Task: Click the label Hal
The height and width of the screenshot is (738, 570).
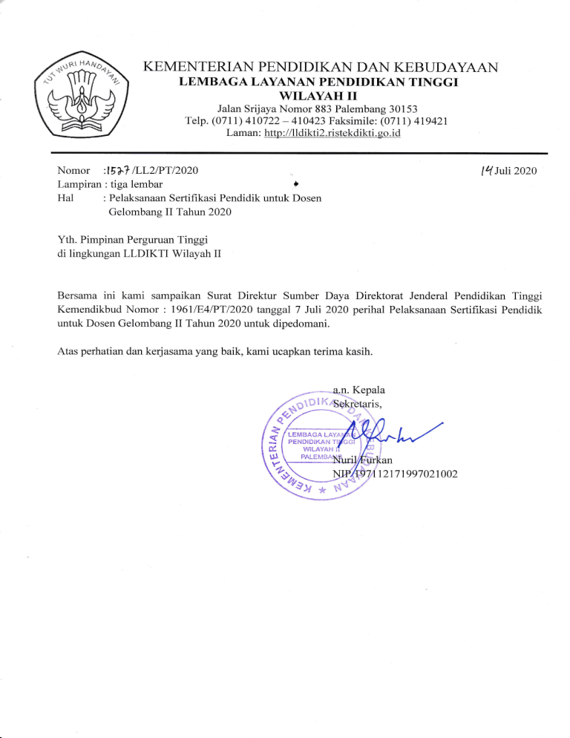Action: (x=65, y=198)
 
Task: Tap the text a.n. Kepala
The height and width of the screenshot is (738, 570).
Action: (x=359, y=390)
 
